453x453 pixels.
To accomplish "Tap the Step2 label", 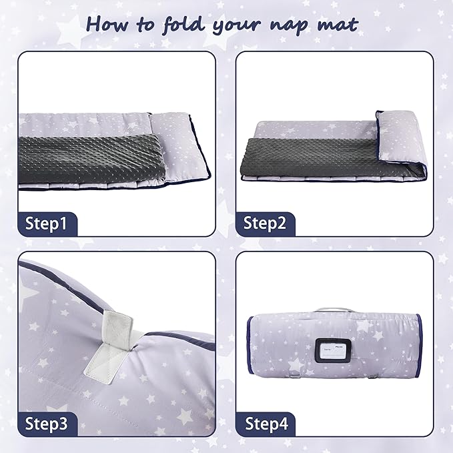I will (265, 223).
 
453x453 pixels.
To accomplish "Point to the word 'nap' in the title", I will (294, 25).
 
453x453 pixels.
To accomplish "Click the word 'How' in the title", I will (106, 24).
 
